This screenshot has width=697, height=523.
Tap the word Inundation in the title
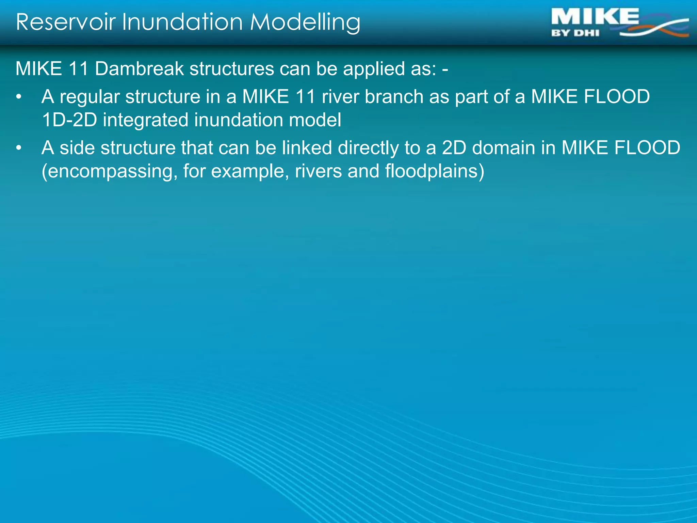[x=182, y=22]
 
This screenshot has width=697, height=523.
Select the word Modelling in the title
[x=305, y=23]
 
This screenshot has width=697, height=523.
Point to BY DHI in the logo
[x=575, y=33]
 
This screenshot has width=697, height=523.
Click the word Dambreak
[x=139, y=69]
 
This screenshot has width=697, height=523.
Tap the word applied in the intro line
[x=374, y=69]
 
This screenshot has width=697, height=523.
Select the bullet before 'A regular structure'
[x=19, y=97]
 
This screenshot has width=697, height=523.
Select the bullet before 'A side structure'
[x=19, y=148]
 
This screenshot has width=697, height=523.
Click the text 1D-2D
[x=69, y=120]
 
